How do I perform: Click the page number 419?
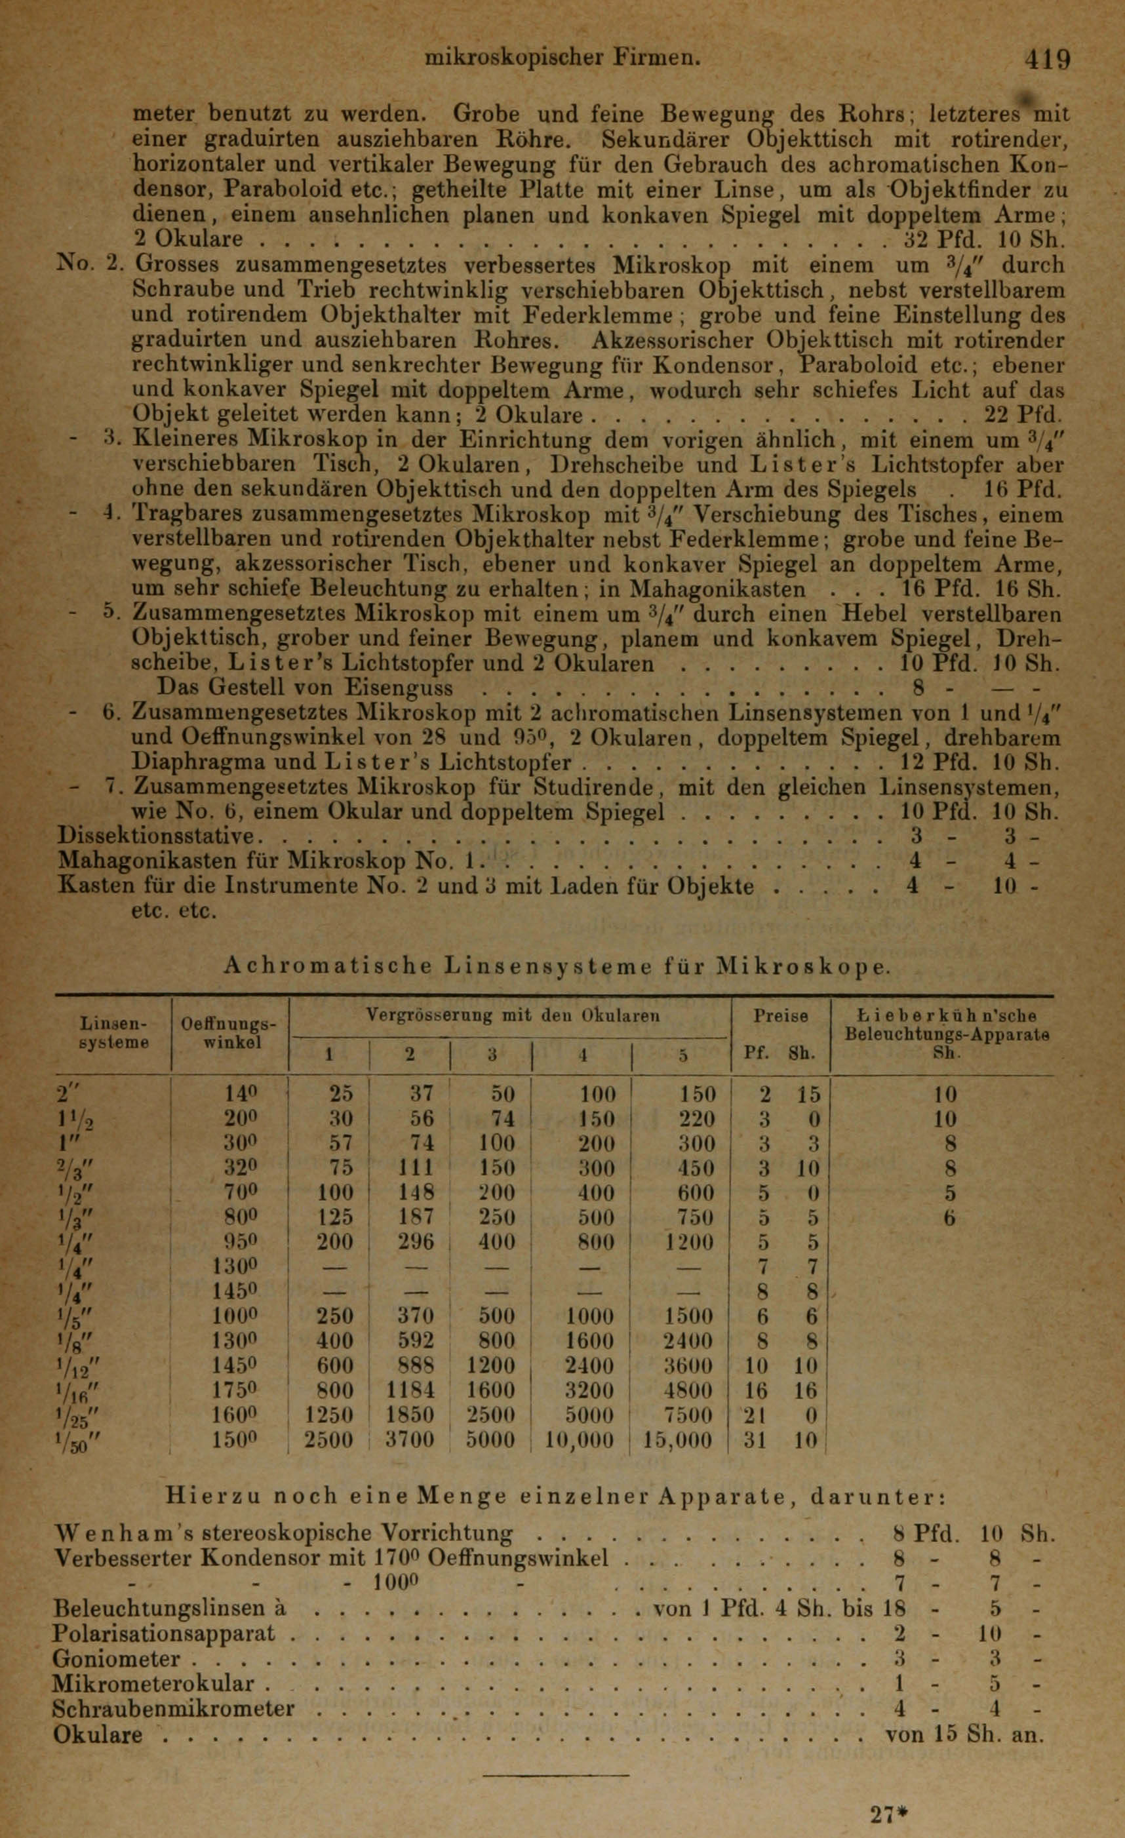pyautogui.click(x=1047, y=60)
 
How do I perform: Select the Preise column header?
pyautogui.click(x=781, y=1016)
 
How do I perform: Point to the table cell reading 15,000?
pyautogui.click(x=677, y=1439)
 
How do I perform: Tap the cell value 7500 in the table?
pyautogui.click(x=688, y=1415)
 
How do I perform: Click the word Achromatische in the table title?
pyautogui.click(x=328, y=966)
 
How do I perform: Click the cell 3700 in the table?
pyautogui.click(x=409, y=1439)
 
